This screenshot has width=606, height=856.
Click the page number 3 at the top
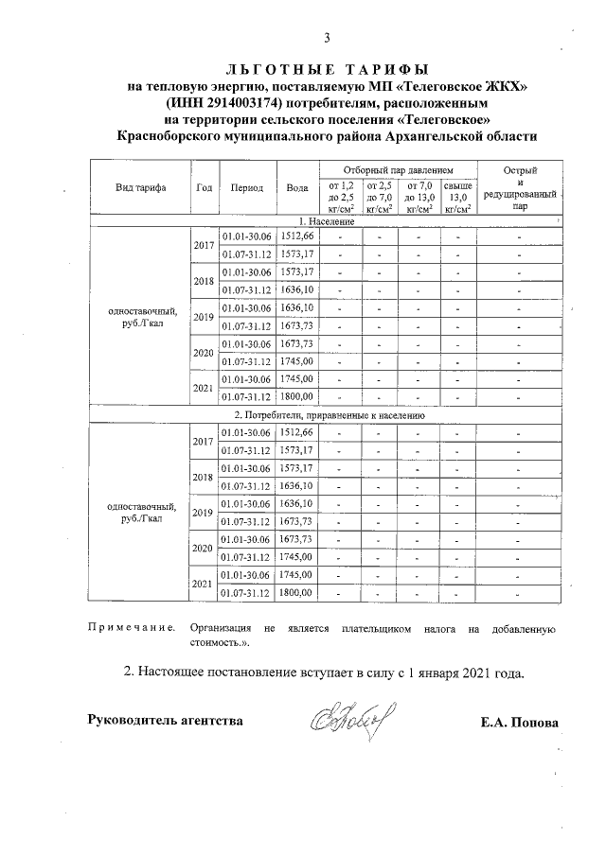327,39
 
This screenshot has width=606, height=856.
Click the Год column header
204,186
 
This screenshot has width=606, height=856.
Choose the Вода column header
298,186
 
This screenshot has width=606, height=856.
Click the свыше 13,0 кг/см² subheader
459,197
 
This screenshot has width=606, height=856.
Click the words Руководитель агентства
165,720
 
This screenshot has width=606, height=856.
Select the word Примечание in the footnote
131,628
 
